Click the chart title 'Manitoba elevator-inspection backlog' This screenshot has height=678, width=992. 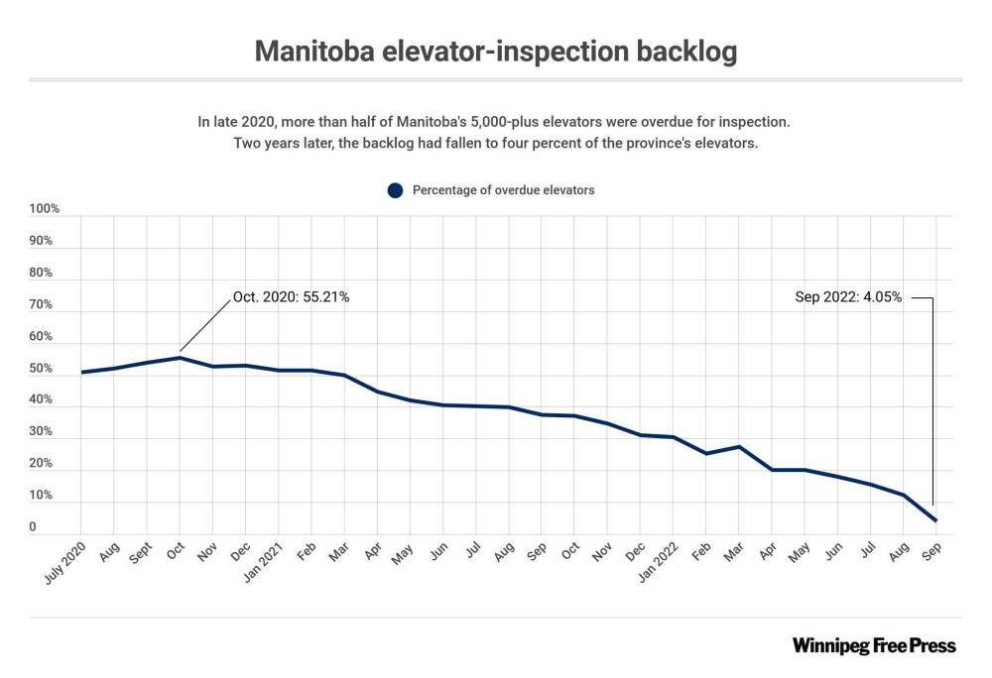click(x=495, y=52)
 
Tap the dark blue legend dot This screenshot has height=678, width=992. click(x=395, y=190)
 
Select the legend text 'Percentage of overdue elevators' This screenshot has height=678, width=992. click(x=503, y=190)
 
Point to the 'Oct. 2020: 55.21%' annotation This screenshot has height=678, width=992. click(x=291, y=296)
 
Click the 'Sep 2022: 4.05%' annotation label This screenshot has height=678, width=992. click(x=848, y=296)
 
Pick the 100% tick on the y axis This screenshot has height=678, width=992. click(x=45, y=209)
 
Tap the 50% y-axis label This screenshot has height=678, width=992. click(x=41, y=369)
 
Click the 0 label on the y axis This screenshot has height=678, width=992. click(x=33, y=527)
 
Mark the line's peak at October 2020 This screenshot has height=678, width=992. click(x=180, y=358)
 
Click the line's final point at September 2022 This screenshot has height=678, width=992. click(x=934, y=520)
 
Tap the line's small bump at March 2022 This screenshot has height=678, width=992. click(x=738, y=447)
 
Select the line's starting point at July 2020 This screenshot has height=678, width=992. click(x=81, y=373)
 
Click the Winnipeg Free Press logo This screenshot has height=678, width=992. click(x=874, y=646)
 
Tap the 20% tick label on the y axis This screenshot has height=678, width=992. click(x=41, y=464)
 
